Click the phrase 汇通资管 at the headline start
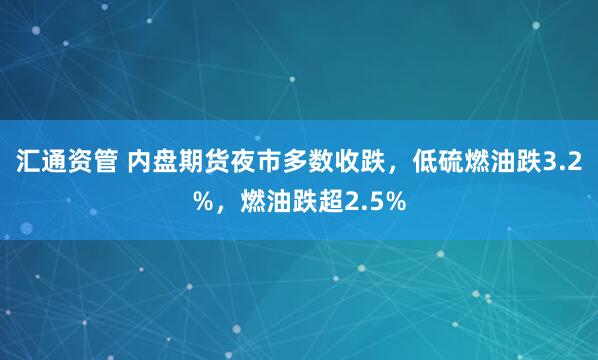coord(65,163)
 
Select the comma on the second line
coord(224,206)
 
